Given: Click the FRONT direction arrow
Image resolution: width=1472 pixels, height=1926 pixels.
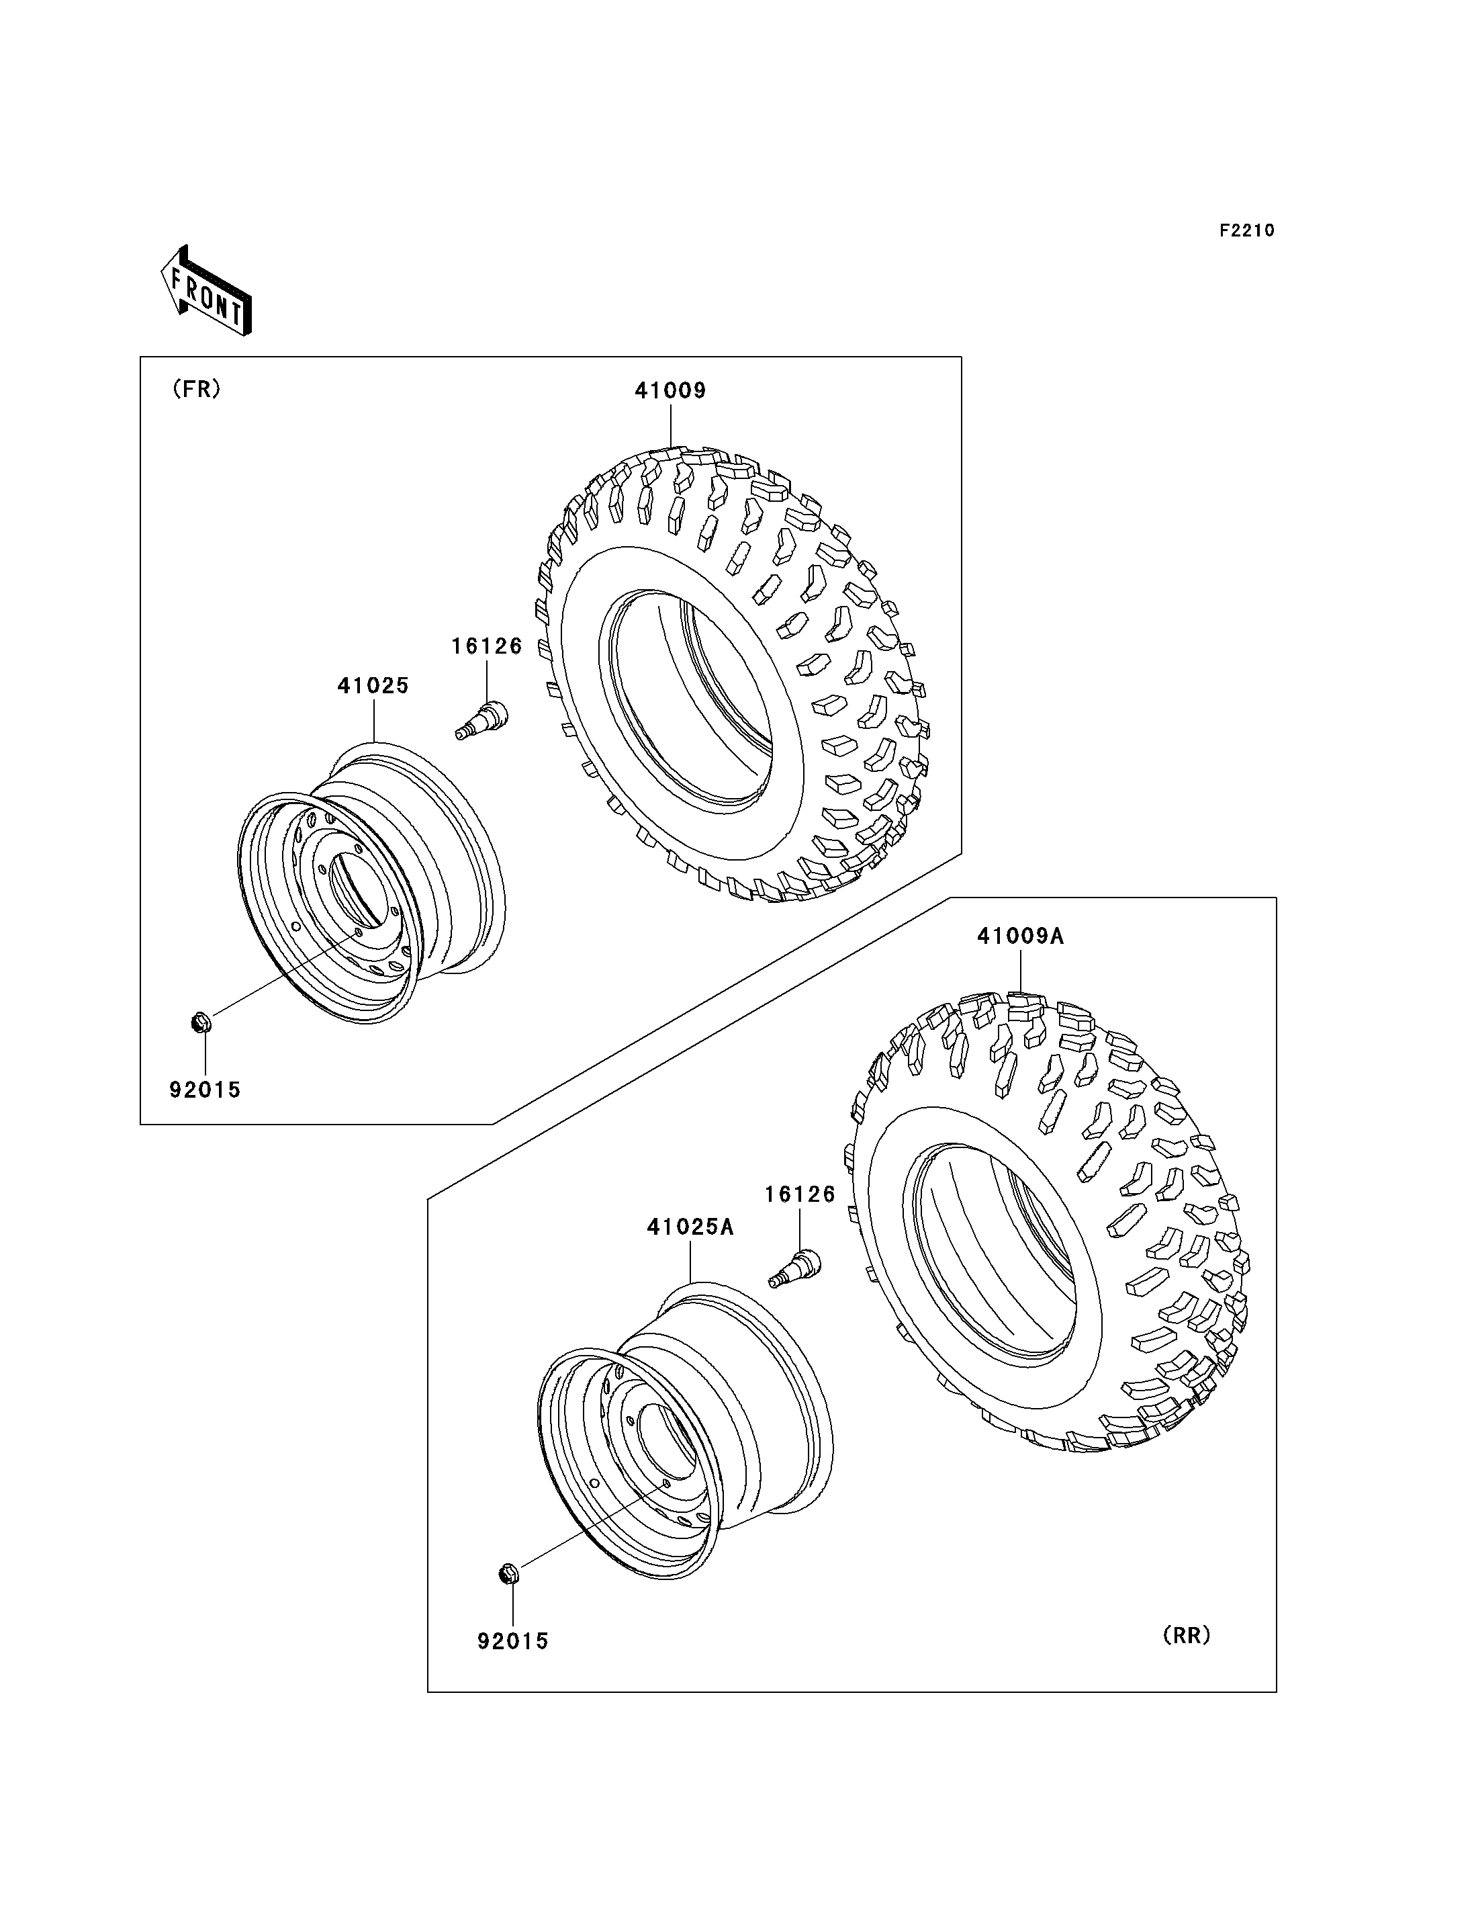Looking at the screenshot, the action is [x=207, y=291].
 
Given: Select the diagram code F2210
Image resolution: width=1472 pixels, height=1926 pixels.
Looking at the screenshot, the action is [x=1247, y=230].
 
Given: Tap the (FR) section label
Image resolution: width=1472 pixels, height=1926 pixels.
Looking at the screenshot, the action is [x=196, y=389].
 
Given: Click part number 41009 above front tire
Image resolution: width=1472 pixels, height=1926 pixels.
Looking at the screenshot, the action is [x=670, y=391].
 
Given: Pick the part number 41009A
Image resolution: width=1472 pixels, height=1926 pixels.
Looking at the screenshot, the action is [x=1021, y=936].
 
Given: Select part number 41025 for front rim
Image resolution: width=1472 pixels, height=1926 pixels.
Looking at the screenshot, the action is [x=373, y=685].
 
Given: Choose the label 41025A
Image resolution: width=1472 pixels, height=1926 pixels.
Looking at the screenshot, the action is [x=690, y=1227].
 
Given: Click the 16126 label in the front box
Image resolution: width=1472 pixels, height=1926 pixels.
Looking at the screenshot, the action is [x=487, y=646].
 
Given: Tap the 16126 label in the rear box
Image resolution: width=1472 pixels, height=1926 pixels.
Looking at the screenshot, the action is [x=800, y=1194].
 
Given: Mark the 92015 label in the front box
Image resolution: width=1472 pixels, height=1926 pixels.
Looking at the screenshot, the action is [x=205, y=1090].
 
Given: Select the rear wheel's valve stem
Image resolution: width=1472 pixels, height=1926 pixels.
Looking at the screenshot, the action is [x=796, y=1268].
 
